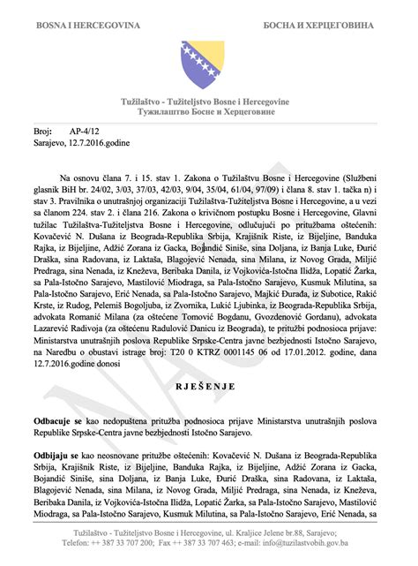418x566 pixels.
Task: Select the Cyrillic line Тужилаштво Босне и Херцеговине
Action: pyautogui.click(x=208, y=113)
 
